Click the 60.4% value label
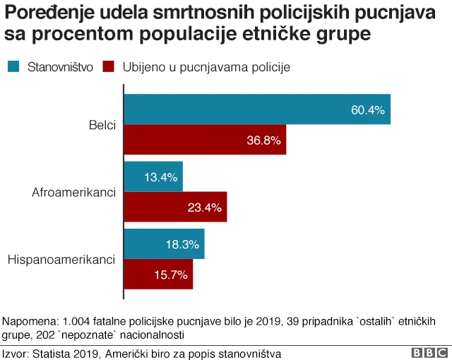coord(367,109)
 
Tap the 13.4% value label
coord(160,176)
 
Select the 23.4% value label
coord(205,207)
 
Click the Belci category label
coord(102,125)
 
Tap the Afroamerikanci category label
coord(74,192)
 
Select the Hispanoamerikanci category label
coord(61,259)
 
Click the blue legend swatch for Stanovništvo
coord(13,66)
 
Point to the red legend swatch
coord(108,66)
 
